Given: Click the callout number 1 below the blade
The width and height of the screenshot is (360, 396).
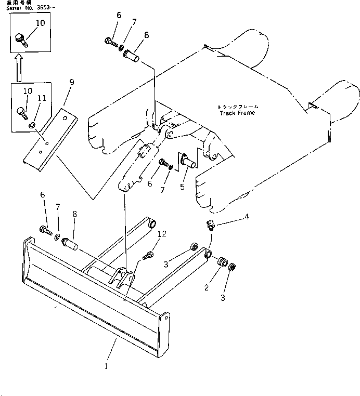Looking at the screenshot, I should [x=106, y=366].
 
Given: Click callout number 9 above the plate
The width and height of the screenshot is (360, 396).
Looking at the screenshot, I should [x=71, y=82].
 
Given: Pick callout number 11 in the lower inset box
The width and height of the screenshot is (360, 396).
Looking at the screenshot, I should [x=42, y=98].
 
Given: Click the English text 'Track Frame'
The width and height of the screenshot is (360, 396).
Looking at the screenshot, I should [x=237, y=113].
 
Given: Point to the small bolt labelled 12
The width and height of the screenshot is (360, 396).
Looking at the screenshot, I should [x=148, y=255].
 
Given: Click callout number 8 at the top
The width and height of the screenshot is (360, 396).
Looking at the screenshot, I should [x=146, y=35].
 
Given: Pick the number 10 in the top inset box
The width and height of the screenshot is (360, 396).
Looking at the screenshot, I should [x=40, y=23].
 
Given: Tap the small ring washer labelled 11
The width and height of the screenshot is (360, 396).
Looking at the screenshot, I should [x=32, y=125].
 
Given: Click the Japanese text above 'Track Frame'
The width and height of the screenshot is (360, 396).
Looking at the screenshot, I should [x=238, y=107].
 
